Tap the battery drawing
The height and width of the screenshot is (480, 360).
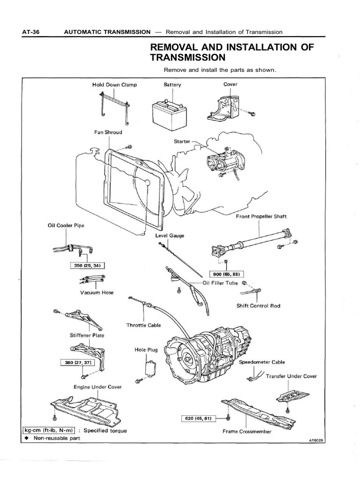[170, 112]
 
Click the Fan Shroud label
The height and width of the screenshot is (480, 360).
[108, 132]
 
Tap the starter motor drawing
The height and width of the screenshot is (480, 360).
[220, 162]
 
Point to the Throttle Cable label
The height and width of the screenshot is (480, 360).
[142, 325]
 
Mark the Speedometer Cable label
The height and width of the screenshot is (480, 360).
[269, 362]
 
